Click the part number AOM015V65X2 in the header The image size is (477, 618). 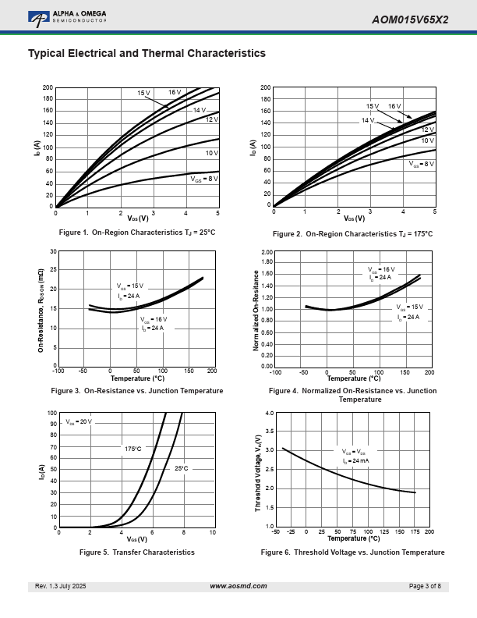coord(410,20)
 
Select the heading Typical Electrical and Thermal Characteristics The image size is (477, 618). coord(147,53)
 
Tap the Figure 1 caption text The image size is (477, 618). coord(137,233)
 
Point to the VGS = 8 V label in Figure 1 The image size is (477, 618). coord(204,178)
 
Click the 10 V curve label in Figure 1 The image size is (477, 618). coord(211,153)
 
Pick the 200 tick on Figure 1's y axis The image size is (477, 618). coord(48,88)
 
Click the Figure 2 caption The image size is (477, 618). coord(352,234)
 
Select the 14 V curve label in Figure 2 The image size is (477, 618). coord(368,120)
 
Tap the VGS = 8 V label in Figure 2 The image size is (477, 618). coord(422,164)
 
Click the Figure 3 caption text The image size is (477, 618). coord(137,390)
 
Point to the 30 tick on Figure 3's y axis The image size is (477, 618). coord(52,251)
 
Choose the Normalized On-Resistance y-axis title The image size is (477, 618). coord(256,309)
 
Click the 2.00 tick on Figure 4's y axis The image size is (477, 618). coord(267,253)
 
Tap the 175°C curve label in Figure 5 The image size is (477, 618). coord(133,449)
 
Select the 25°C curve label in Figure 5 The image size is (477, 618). coord(181,468)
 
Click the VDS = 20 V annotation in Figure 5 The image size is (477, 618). coord(79,421)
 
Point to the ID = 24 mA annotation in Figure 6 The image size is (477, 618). coord(356,461)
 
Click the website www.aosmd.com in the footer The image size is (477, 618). coord(238,586)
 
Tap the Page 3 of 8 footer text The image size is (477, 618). coord(425,586)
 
